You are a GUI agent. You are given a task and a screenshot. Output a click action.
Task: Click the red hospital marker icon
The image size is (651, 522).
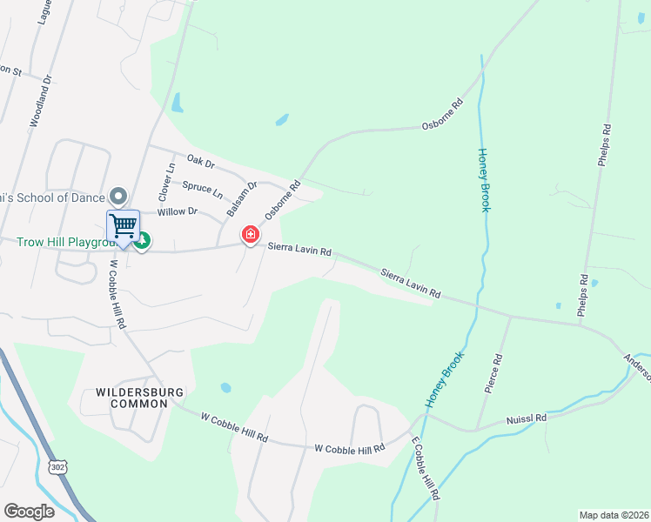[x=251, y=235]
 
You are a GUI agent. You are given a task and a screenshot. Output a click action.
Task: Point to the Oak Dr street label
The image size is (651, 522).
[x=200, y=163]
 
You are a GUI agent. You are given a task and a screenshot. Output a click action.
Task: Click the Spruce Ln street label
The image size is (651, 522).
[x=202, y=187]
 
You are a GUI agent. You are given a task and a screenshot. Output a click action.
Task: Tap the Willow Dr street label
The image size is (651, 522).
[x=178, y=211]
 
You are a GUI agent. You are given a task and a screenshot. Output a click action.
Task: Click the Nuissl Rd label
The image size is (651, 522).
[x=527, y=419]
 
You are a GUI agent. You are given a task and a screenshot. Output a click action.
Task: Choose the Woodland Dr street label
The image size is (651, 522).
[x=42, y=100]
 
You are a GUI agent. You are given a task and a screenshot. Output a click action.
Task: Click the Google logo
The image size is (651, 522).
[x=29, y=512]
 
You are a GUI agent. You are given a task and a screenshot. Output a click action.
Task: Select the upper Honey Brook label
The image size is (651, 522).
[x=485, y=179]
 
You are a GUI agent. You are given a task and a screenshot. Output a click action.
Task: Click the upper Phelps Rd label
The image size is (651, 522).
[x=605, y=144]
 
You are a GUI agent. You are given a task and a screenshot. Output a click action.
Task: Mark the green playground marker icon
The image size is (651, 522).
[x=142, y=241]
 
